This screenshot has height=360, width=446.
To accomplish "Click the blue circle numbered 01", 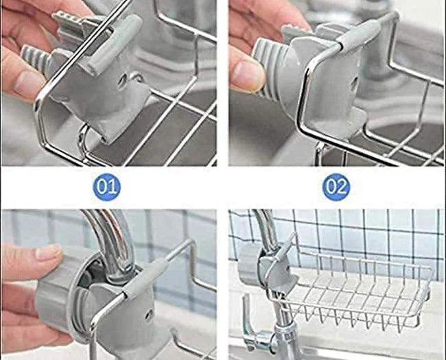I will point(107,187).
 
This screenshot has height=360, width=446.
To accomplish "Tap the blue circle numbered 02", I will point(336,187).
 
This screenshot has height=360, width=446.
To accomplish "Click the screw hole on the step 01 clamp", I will point(121,82).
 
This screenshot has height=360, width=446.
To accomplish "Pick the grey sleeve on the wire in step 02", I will point(356,33).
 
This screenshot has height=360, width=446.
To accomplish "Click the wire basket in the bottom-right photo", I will point(357,288).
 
